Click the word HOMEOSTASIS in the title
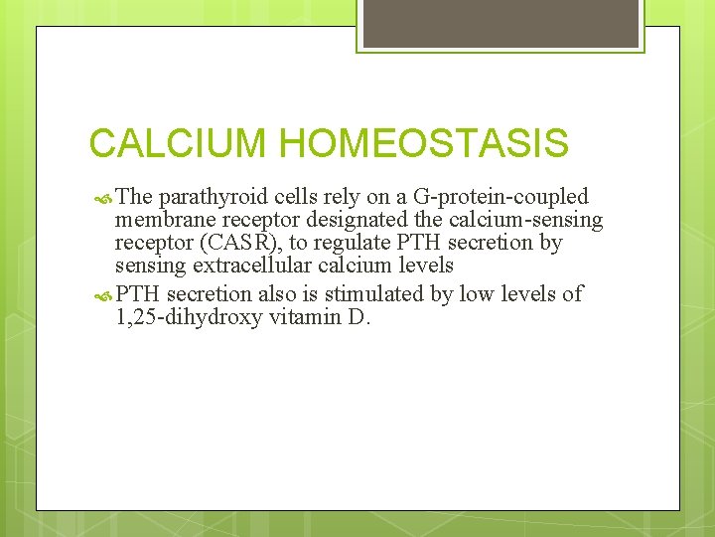pos(424,143)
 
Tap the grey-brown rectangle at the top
pos(500,24)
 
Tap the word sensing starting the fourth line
pos(148,266)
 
